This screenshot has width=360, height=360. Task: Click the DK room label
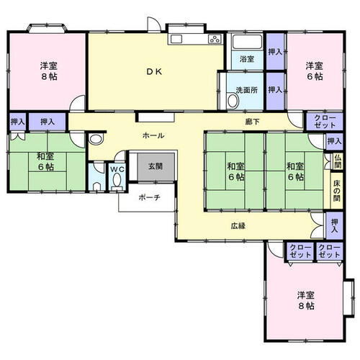click(x=154, y=71)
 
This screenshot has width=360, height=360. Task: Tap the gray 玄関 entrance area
click(x=156, y=167)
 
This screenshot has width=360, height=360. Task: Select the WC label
click(x=117, y=169)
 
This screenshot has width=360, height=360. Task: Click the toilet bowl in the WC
click(x=117, y=181)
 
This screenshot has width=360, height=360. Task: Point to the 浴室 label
click(x=247, y=59)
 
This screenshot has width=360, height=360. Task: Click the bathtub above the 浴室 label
click(x=248, y=42)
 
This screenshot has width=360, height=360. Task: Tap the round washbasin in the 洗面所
click(x=233, y=101)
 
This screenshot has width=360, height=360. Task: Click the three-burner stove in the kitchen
click(x=215, y=39)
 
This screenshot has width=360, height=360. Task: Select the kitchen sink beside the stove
click(x=176, y=39)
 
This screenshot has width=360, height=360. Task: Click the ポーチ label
click(x=149, y=197)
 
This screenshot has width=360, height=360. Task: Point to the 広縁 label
click(x=238, y=226)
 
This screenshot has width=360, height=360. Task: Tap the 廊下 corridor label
click(x=252, y=122)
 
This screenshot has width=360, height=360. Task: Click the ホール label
click(x=153, y=135)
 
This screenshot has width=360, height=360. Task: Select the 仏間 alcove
click(x=338, y=161)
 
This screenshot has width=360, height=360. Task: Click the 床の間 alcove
click(x=337, y=191)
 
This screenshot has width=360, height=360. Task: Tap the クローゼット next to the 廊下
click(x=325, y=122)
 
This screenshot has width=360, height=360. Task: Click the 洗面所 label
click(x=247, y=90)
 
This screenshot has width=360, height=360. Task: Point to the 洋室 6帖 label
click(x=314, y=71)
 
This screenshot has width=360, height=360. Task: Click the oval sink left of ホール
click(x=96, y=139)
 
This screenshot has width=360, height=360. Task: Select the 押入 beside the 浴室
click(x=275, y=52)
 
